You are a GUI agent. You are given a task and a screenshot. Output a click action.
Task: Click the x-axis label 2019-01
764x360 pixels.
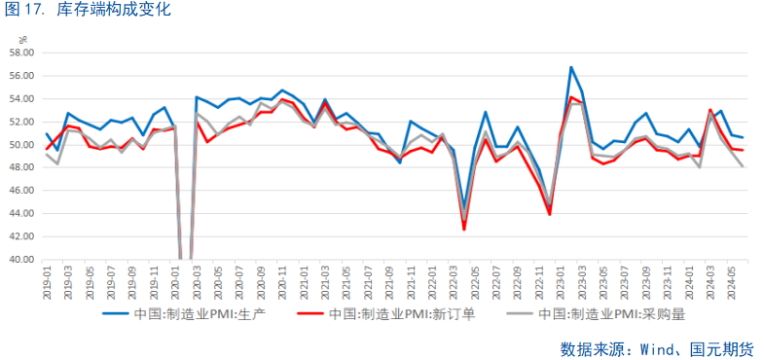tap(48, 282)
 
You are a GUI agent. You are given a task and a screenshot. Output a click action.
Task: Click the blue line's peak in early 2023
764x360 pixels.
tap(571, 67)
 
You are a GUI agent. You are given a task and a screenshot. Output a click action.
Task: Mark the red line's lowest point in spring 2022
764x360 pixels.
tap(464, 230)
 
